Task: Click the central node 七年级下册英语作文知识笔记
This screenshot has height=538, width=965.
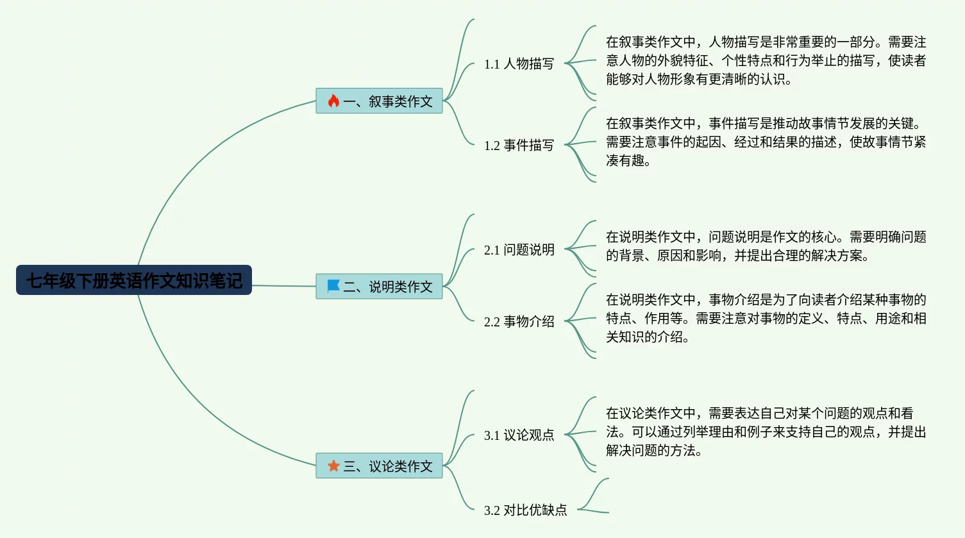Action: click(134, 280)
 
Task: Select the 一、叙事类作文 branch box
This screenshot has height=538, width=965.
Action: click(379, 101)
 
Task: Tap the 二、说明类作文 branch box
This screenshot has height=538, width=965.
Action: click(379, 286)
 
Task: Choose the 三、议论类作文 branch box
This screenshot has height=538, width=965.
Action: click(379, 466)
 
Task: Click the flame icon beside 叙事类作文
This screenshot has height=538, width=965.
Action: click(333, 101)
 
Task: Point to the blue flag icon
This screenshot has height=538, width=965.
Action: click(333, 286)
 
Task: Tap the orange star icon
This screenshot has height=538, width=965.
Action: click(333, 466)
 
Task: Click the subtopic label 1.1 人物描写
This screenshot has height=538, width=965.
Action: click(519, 63)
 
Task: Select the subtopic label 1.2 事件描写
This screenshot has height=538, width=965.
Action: click(519, 145)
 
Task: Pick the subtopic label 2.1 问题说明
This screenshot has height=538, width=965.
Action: click(519, 249)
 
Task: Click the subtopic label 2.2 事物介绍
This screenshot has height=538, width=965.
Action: click(519, 321)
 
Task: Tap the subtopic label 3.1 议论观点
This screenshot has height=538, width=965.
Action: click(519, 435)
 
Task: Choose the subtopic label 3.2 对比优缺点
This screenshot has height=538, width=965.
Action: click(525, 510)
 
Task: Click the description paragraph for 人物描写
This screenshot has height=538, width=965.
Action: click(766, 60)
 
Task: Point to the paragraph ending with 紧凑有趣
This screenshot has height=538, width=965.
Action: click(766, 142)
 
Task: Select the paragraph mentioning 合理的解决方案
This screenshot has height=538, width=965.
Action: click(766, 246)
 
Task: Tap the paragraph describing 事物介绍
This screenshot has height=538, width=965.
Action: click(766, 318)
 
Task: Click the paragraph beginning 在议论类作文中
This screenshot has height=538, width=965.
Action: click(766, 432)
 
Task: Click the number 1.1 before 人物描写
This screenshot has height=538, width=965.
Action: click(492, 64)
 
